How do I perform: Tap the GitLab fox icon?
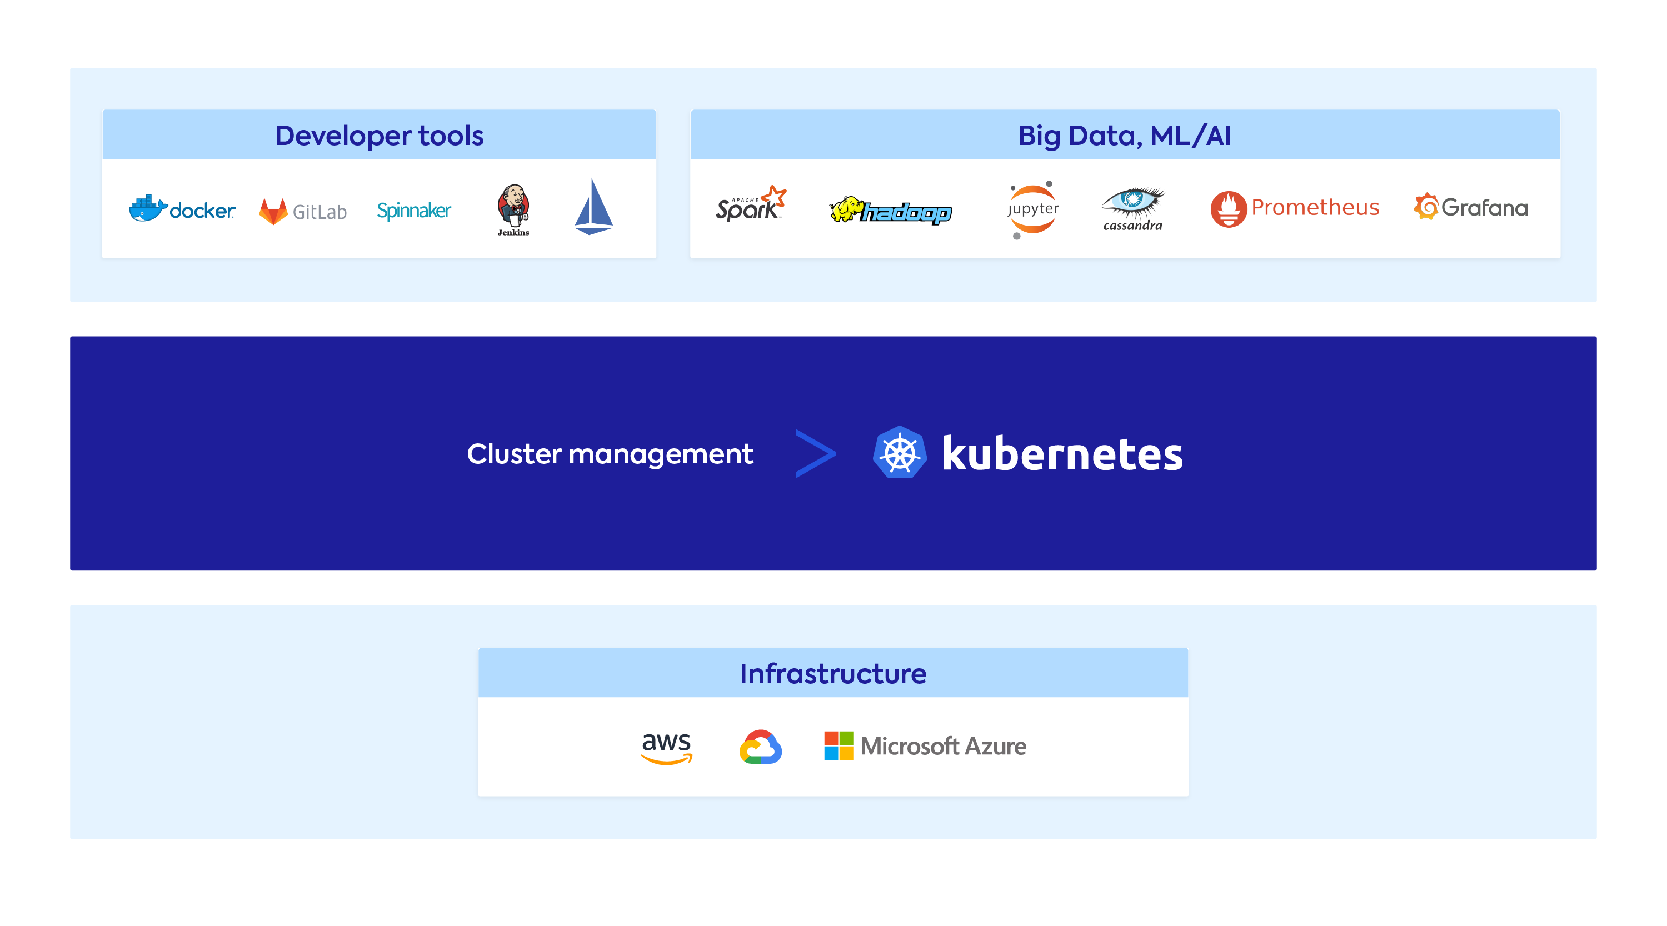(x=273, y=211)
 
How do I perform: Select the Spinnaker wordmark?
(x=414, y=211)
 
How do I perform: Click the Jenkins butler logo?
(x=513, y=209)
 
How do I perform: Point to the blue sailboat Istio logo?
(x=593, y=207)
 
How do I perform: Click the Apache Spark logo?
(x=751, y=203)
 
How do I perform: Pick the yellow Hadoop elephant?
(x=846, y=209)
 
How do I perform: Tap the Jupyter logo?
(x=1033, y=209)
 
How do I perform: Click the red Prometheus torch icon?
(x=1228, y=208)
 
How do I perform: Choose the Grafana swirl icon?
(x=1426, y=207)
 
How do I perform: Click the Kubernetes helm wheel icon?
(x=900, y=452)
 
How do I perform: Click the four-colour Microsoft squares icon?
(x=839, y=746)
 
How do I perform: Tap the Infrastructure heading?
(x=833, y=674)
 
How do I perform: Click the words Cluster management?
(x=610, y=454)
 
